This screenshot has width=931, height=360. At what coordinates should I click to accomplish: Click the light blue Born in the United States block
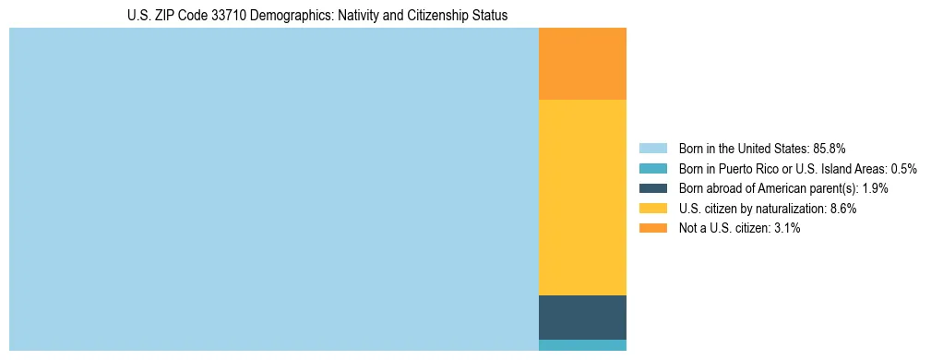(x=273, y=189)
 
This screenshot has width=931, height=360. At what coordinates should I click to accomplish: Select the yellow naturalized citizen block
(x=582, y=197)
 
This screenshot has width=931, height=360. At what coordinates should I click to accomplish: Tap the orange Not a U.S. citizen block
(x=582, y=64)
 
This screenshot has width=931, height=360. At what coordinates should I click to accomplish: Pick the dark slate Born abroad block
(x=582, y=318)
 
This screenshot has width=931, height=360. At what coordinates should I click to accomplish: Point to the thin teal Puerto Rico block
(x=582, y=345)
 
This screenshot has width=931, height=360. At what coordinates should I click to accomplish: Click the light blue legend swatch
(x=652, y=148)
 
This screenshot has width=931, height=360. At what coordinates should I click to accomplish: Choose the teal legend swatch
(x=652, y=168)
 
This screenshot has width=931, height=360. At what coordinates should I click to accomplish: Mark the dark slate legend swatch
(x=652, y=188)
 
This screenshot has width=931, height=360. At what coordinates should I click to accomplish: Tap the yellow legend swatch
(x=652, y=209)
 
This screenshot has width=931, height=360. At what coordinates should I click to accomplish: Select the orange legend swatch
(x=652, y=228)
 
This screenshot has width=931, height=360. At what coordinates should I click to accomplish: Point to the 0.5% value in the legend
(x=903, y=168)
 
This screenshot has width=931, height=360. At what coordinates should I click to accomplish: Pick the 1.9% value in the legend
(x=876, y=188)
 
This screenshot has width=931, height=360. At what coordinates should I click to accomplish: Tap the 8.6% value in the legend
(x=843, y=209)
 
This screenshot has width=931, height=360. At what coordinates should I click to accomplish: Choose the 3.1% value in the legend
(x=787, y=228)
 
